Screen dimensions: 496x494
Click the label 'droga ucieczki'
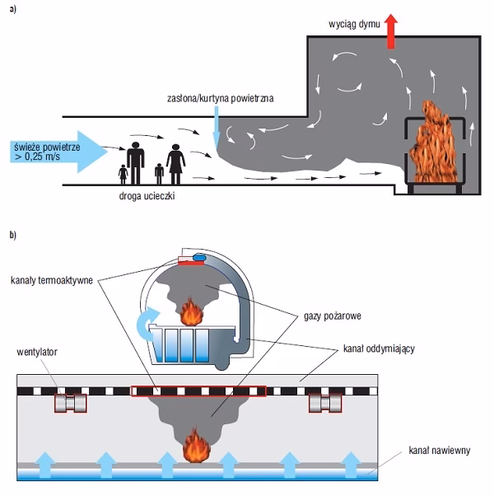coord(148,199)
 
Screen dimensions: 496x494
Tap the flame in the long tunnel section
coord(197,450)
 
